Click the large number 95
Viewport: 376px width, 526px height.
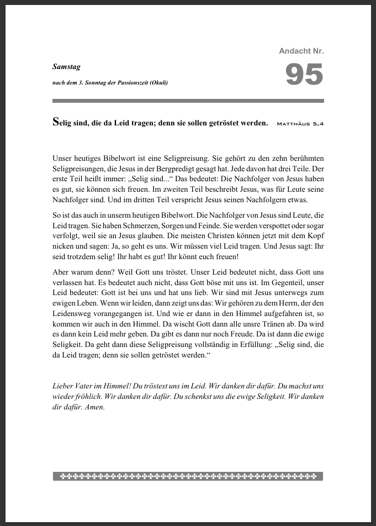[304, 75]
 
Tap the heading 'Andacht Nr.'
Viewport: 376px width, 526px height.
[301, 51]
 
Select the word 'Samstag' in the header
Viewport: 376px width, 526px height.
[66, 67]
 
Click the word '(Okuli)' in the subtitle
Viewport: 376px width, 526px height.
[157, 82]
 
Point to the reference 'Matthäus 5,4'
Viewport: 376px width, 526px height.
[300, 124]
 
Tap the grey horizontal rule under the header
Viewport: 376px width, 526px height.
[188, 101]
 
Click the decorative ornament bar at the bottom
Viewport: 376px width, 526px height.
[188, 476]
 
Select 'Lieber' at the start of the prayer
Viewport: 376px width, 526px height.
[63, 386]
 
